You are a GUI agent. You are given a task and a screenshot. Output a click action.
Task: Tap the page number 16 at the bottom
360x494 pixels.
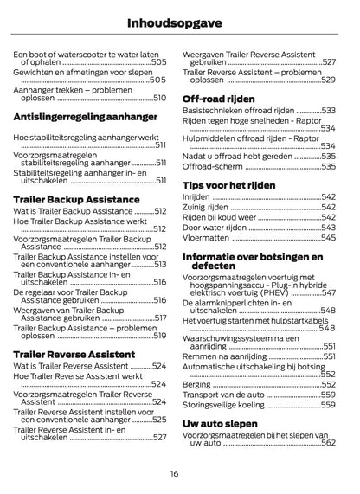pyautogui.click(x=175, y=473)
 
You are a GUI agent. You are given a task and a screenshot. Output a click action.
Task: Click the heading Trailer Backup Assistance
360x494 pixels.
pyautogui.click(x=76, y=198)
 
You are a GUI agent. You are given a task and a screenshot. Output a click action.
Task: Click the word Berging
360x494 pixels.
pyautogui.click(x=197, y=383)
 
